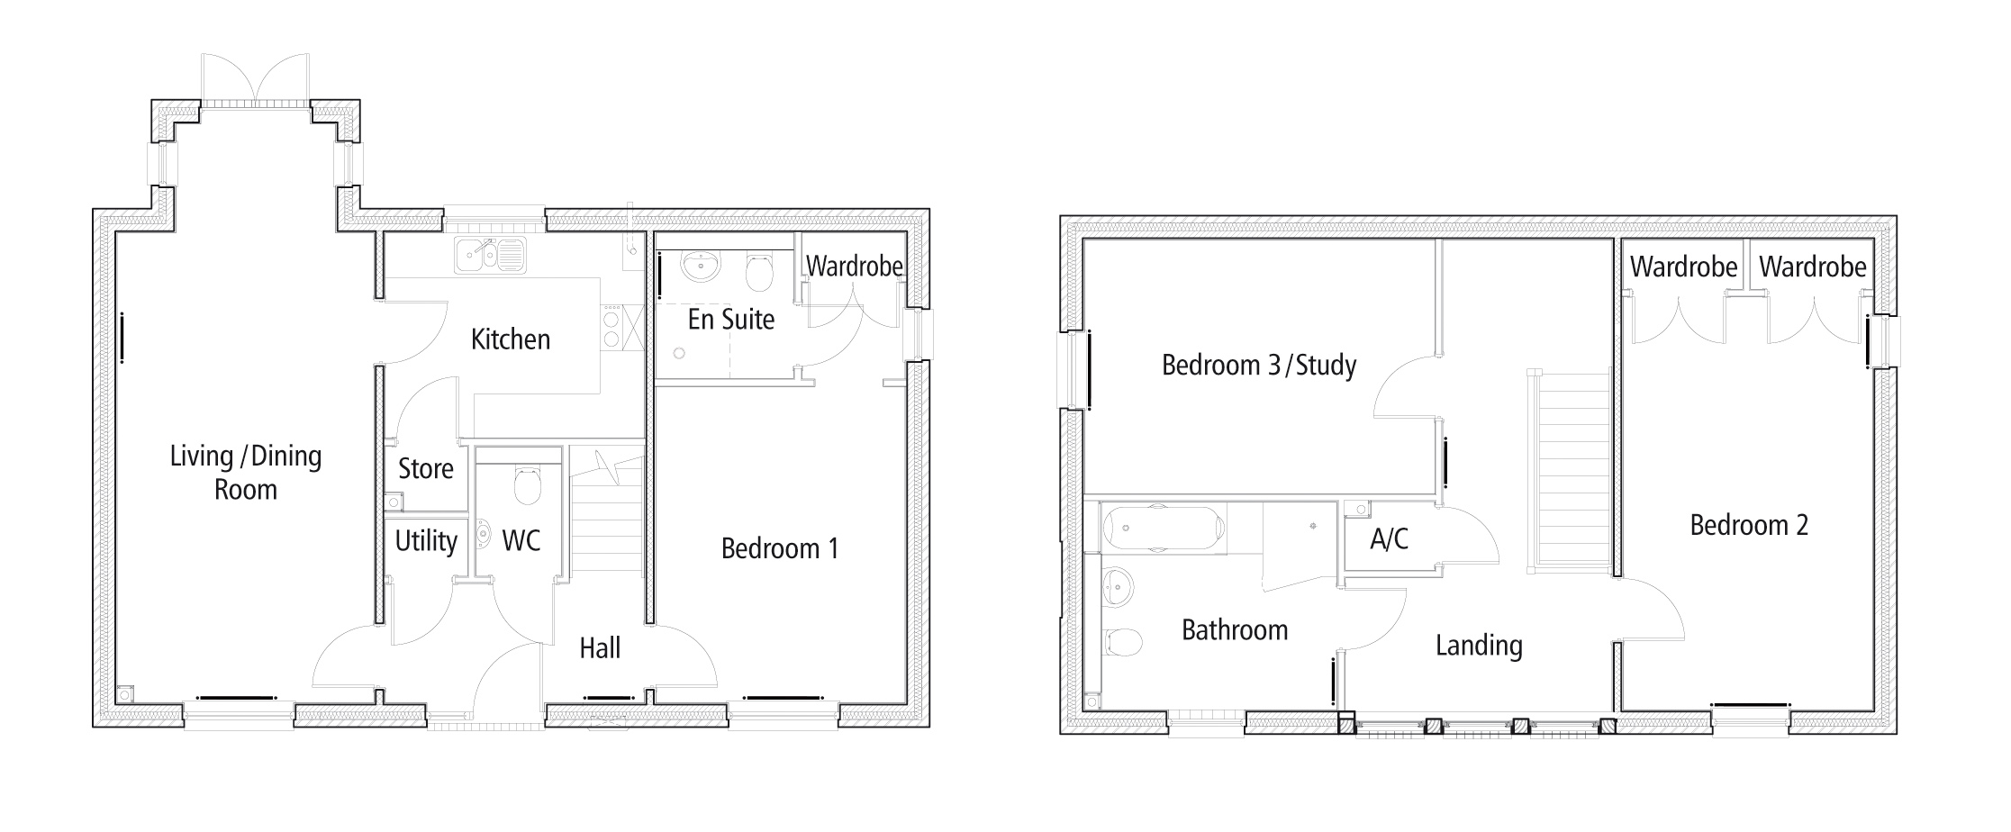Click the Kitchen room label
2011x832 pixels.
pos(511,339)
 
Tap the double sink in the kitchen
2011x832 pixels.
pos(490,255)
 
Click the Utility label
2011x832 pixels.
pos(426,541)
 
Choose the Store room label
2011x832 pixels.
pos(426,469)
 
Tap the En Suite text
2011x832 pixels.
pos(731,320)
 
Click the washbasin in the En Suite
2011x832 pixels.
pos(700,265)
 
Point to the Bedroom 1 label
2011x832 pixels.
pos(780,548)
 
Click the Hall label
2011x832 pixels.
pos(600,648)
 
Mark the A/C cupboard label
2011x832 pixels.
pos(1389,539)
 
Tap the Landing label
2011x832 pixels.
pos(1479,646)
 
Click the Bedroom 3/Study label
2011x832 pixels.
pos(1258,366)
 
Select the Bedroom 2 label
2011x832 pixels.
pos(1749,525)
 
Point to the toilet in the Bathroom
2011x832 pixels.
pos(1122,642)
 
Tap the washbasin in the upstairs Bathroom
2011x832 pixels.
pos(1118,586)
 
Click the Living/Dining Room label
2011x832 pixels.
pos(246,473)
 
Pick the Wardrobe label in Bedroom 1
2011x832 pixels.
pos(854,267)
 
